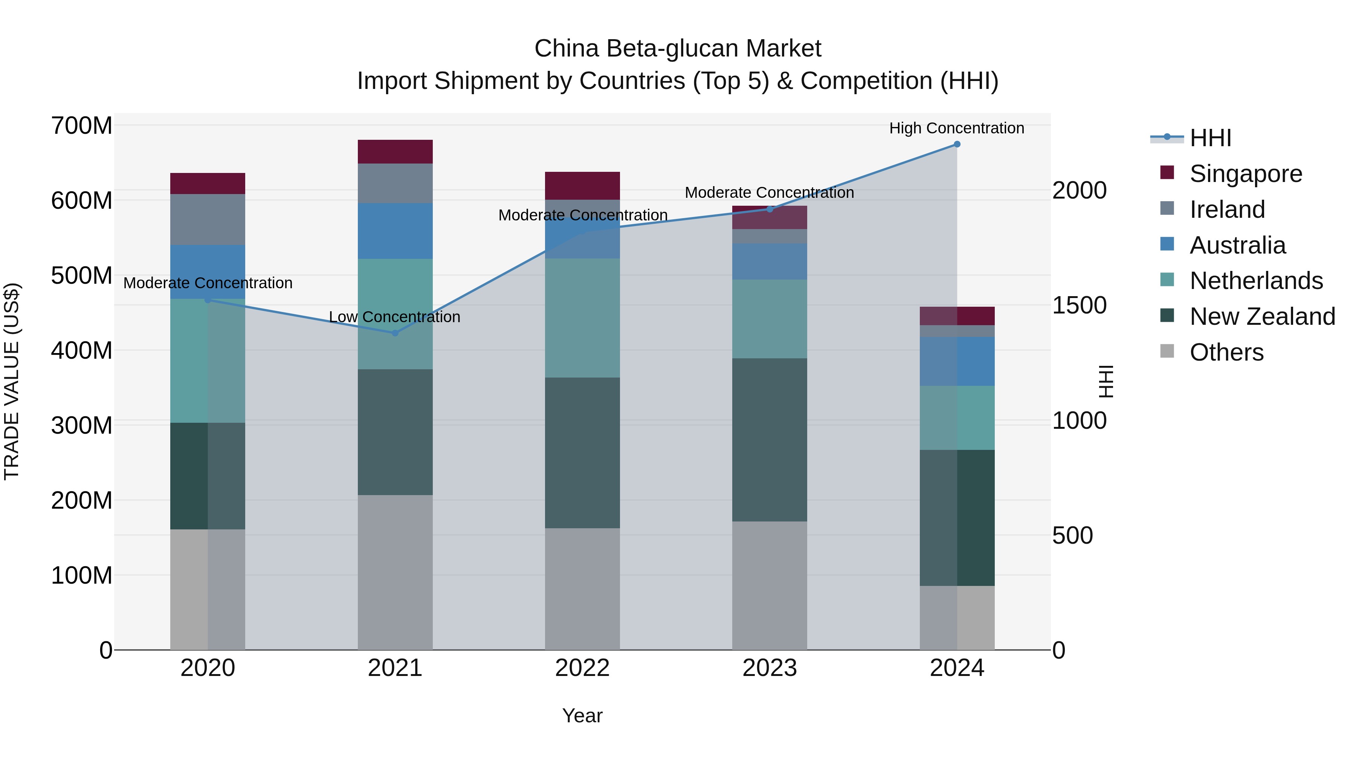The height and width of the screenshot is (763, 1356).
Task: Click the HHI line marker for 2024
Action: tap(957, 144)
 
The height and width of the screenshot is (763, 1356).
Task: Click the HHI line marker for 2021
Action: tap(395, 333)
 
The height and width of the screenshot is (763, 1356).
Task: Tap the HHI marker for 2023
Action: tap(770, 209)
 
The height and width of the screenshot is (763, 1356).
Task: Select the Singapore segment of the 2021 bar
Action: tap(395, 151)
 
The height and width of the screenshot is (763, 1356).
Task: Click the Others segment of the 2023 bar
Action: tap(770, 585)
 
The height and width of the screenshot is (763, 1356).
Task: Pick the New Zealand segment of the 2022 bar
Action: tap(582, 453)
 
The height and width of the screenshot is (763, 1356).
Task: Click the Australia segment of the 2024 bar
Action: tap(957, 361)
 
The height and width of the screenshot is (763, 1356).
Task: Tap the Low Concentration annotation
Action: tap(394, 317)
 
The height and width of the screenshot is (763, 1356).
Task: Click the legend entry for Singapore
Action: tap(1246, 174)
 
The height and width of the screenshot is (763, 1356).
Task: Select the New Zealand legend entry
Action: tap(1262, 317)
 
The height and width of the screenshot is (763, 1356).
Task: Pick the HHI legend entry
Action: tap(1210, 138)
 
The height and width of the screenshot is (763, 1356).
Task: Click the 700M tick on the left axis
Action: tap(82, 126)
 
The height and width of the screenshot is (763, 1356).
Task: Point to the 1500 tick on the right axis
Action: tap(1079, 306)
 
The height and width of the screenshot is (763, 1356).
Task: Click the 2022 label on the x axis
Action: tap(582, 668)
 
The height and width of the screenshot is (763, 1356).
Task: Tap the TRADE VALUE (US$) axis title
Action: tap(12, 381)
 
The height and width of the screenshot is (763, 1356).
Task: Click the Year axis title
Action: tap(582, 716)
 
